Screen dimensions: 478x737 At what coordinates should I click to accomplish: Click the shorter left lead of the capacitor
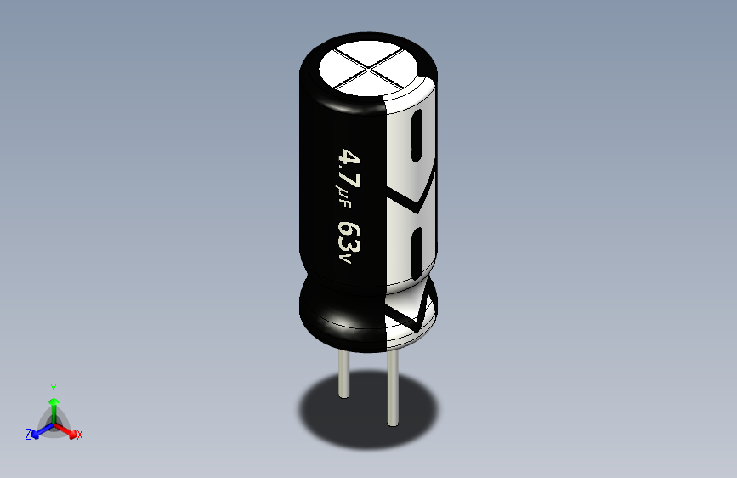(343, 374)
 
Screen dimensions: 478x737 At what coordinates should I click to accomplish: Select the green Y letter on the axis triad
(54, 387)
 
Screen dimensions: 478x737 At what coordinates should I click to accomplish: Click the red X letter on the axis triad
(80, 435)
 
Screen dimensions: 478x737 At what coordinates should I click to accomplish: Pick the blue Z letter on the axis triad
(28, 435)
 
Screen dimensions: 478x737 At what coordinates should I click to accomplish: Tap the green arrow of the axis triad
(54, 403)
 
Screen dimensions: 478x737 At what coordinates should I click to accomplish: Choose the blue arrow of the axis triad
(38, 431)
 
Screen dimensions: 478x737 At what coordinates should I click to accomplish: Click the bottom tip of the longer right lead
(393, 423)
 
